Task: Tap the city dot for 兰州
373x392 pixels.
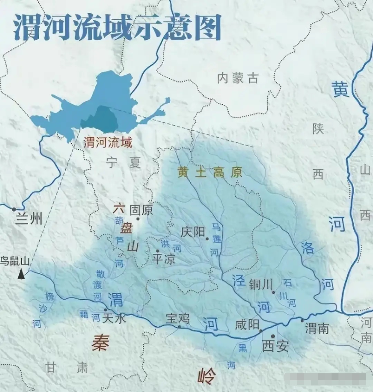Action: click(x=14, y=209)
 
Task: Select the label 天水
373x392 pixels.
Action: click(x=114, y=318)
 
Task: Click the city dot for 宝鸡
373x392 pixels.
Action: click(x=179, y=326)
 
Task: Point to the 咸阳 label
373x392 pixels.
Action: click(x=247, y=325)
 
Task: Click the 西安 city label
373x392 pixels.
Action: click(x=275, y=346)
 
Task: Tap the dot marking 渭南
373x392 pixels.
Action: click(x=302, y=321)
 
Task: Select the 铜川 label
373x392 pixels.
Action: click(x=261, y=284)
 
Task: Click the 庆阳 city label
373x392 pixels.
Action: click(x=193, y=232)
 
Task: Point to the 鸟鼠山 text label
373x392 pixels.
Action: click(x=15, y=261)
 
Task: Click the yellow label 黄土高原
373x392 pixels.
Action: click(x=210, y=172)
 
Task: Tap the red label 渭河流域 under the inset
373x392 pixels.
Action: click(x=108, y=142)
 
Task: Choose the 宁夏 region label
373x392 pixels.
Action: click(x=123, y=162)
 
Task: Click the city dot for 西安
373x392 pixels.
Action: click(x=273, y=336)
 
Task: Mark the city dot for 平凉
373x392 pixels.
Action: click(x=157, y=251)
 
